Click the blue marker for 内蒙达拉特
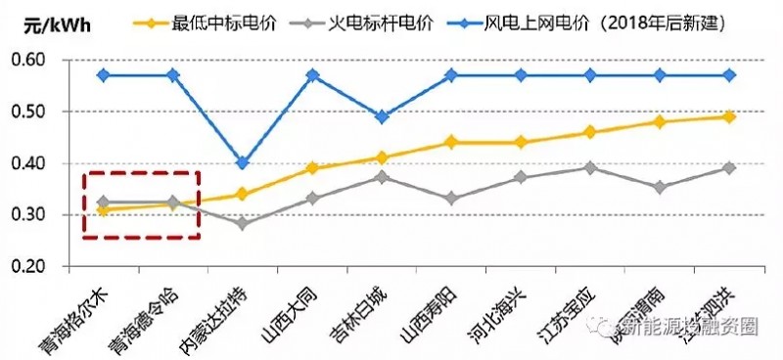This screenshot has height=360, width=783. click(242, 163)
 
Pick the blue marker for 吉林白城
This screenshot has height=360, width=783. click(382, 116)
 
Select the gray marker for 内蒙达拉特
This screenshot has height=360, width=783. click(242, 224)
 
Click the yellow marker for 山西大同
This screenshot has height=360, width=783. click(312, 168)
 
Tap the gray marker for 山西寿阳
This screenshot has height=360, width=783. click(451, 199)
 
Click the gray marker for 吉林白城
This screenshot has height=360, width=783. click(382, 177)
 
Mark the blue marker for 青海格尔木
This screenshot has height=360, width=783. click(103, 75)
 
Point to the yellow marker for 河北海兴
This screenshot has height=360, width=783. click(521, 142)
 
